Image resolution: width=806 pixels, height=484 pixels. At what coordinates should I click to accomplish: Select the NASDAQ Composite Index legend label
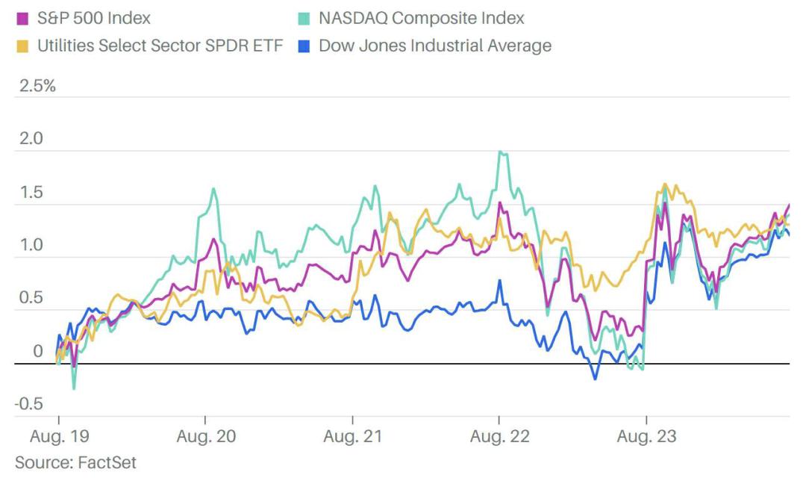421,18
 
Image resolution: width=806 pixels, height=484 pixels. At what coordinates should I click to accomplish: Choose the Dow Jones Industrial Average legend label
434,46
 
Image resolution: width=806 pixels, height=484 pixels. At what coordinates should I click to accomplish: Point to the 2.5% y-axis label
35,85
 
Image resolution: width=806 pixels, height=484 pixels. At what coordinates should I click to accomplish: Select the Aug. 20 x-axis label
206,435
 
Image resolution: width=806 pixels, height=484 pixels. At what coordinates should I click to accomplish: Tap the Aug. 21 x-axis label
352,435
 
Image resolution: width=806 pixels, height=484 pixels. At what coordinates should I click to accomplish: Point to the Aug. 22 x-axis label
499,435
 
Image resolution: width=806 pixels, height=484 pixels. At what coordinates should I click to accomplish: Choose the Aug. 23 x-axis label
646,435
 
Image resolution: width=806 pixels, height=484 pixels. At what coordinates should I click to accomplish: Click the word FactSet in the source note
107,462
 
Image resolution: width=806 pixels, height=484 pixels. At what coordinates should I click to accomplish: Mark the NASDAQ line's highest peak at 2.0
500,152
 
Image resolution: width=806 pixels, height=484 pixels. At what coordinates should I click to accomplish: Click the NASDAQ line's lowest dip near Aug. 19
74,388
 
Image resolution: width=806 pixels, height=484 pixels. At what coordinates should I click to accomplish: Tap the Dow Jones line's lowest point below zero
595,379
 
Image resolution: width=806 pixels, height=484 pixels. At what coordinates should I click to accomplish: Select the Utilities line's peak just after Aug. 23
664,184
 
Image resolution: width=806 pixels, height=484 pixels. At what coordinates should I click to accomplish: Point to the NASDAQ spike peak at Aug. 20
213,188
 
